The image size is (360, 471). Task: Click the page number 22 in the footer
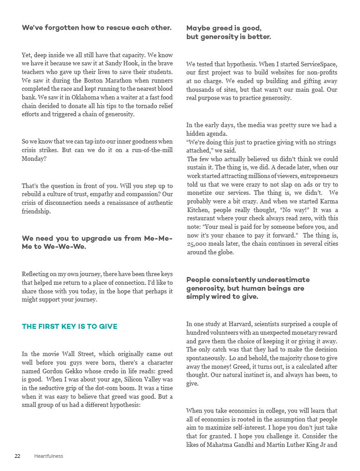[17, 456]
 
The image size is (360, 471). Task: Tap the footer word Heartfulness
[49, 456]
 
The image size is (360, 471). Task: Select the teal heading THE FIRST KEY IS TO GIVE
[70, 327]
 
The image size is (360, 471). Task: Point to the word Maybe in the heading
[198, 28]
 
